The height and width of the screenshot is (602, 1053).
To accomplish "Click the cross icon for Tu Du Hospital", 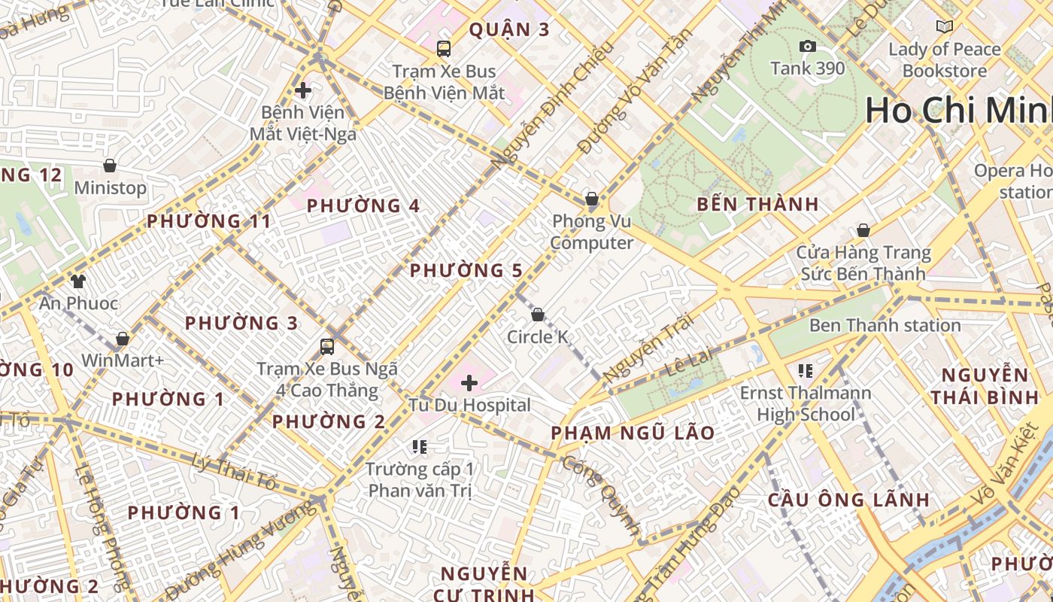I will [x=469, y=383].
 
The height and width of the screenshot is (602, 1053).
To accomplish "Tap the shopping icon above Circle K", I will [x=538, y=315].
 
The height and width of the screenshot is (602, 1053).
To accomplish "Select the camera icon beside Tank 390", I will [x=808, y=47].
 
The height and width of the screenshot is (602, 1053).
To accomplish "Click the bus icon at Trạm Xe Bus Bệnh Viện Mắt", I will [x=444, y=49].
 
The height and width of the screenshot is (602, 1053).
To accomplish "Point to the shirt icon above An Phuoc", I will [x=78, y=281].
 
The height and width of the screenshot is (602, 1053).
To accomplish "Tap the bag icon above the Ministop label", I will [x=110, y=166].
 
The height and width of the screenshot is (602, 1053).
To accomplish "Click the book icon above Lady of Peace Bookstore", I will [x=945, y=27].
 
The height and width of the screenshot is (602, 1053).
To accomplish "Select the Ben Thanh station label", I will [x=885, y=326].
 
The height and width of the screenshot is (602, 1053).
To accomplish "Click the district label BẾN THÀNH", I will [x=757, y=204].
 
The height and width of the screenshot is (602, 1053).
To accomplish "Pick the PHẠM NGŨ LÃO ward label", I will [x=633, y=433].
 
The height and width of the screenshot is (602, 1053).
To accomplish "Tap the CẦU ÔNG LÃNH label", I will [x=848, y=500].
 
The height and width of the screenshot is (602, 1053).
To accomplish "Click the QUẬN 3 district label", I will [x=509, y=30].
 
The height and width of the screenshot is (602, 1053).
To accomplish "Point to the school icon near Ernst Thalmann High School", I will [x=806, y=371].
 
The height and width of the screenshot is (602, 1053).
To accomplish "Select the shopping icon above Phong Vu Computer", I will [x=592, y=199].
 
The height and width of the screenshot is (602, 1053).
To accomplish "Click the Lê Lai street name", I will [x=688, y=362].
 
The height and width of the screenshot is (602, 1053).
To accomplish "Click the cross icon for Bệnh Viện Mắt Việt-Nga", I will [x=303, y=91].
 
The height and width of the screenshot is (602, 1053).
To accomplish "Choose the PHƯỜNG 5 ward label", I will [x=466, y=271].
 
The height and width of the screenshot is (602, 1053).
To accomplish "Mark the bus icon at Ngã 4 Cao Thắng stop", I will [x=327, y=347].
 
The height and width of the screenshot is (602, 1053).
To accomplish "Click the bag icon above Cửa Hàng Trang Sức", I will [x=863, y=230].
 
